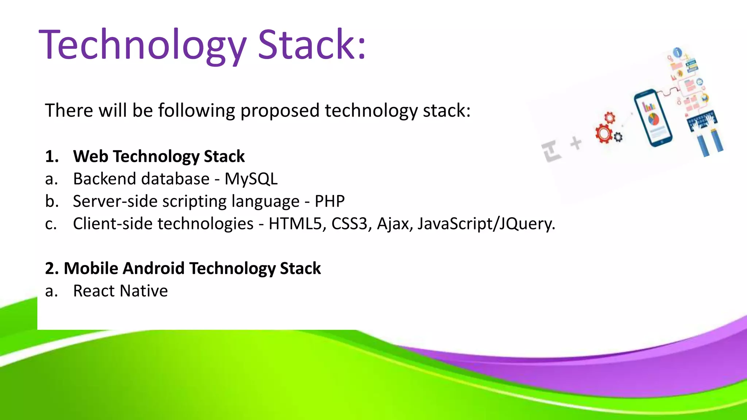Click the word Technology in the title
pyautogui.click(x=142, y=46)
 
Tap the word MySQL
pyautogui.click(x=251, y=179)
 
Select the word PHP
pyautogui.click(x=329, y=201)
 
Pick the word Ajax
pyautogui.click(x=395, y=224)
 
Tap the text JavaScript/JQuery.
pyautogui.click(x=486, y=224)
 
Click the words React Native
pyautogui.click(x=120, y=291)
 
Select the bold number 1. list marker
pyautogui.click(x=52, y=156)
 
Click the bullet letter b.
pyautogui.click(x=51, y=201)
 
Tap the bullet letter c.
pyautogui.click(x=51, y=224)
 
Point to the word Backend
pyautogui.click(x=104, y=179)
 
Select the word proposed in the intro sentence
pyautogui.click(x=280, y=111)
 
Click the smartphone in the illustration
pyautogui.click(x=653, y=117)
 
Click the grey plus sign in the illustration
pyautogui.click(x=576, y=143)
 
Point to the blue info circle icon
pyautogui.click(x=677, y=52)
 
